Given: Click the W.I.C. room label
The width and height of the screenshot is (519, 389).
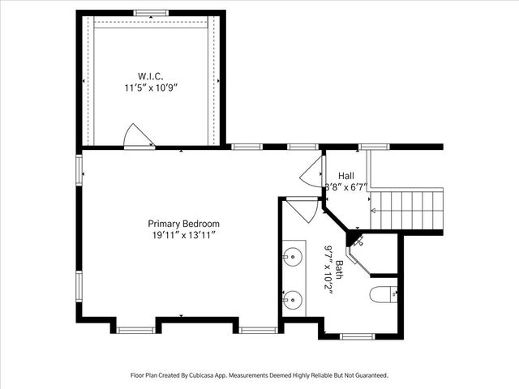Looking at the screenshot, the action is click(151, 76).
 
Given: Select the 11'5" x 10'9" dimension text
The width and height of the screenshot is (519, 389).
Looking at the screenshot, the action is click(152, 88).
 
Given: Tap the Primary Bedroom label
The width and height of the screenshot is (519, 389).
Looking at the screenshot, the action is click(184, 224).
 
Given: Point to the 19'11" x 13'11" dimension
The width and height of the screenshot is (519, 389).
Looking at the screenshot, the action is click(184, 236).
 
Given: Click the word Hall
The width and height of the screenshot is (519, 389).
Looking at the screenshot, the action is click(346, 176).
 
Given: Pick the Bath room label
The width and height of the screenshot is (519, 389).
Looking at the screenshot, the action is click(340, 270).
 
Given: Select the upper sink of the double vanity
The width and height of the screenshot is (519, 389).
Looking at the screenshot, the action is click(293, 256).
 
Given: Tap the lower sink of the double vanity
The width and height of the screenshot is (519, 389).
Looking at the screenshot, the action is click(293, 300).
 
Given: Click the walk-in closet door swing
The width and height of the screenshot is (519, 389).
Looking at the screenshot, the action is click(139, 137).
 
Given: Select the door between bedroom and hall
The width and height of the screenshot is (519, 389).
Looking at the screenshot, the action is click(312, 172).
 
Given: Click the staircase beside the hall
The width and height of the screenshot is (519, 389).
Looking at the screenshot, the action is click(407, 210).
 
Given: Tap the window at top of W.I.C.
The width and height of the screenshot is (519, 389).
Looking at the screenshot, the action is click(152, 13).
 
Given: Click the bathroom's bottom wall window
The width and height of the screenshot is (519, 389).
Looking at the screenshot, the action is click(358, 337).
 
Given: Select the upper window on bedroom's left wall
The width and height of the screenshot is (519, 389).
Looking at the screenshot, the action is click(79, 170).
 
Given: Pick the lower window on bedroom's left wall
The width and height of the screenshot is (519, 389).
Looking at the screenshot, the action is click(79, 286).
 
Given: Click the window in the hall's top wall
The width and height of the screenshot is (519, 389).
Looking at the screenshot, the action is click(375, 147).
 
